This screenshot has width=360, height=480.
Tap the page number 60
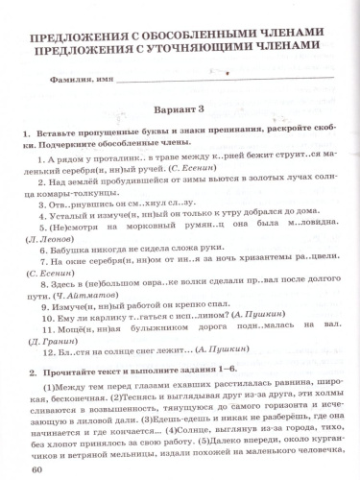click(37, 469)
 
